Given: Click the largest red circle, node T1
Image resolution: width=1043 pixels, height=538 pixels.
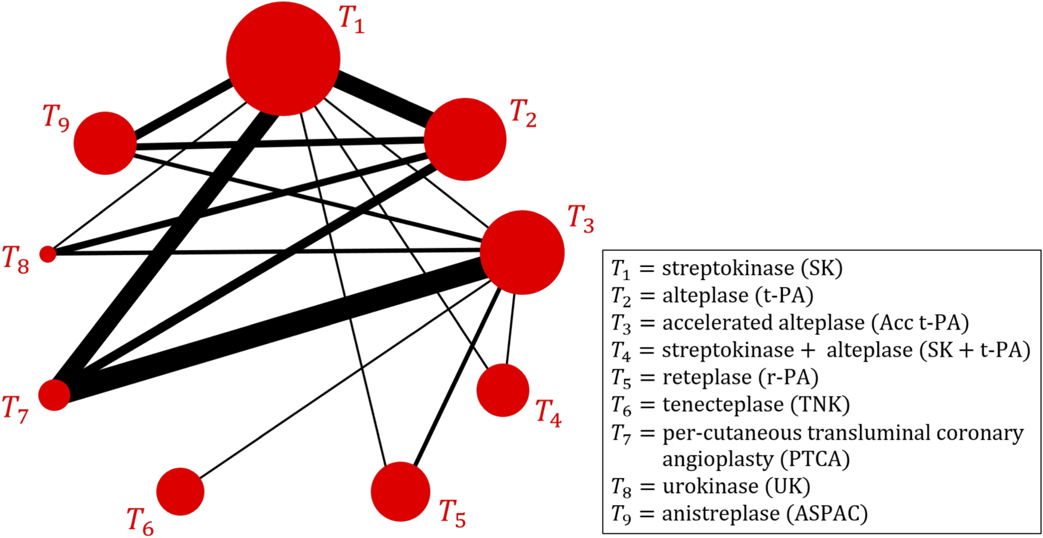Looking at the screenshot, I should click(283, 59).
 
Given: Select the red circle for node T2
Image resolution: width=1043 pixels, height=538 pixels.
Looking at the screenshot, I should click(465, 139).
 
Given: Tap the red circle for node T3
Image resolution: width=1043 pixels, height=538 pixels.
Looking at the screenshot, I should click(522, 253).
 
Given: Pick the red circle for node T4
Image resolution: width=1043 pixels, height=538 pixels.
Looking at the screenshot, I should click(502, 390).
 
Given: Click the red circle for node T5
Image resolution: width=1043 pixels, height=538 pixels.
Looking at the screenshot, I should click(400, 492).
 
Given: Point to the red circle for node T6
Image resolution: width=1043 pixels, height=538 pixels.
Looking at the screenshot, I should click(180, 491).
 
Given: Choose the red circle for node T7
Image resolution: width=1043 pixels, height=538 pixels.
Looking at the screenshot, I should click(54, 395).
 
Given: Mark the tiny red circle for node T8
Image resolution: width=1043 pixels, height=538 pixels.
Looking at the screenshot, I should click(48, 254).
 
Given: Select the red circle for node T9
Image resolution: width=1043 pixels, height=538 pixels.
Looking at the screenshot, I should click(105, 143).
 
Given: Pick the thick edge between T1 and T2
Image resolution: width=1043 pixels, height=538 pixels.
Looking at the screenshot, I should click(383, 98).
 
